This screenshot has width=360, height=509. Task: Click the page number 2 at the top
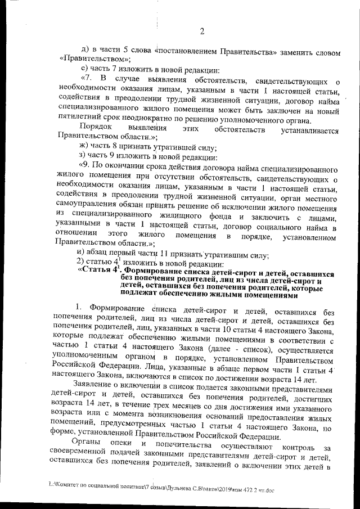201,30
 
